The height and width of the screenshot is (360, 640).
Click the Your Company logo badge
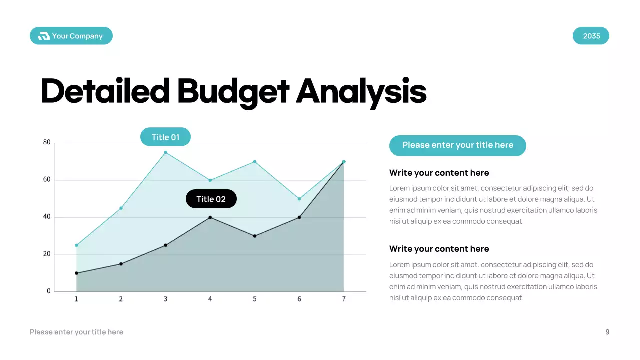(x=71, y=36)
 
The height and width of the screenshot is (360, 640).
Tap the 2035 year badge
(x=591, y=36)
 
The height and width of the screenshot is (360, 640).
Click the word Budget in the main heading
(x=233, y=92)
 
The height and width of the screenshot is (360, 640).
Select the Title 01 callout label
(x=165, y=137)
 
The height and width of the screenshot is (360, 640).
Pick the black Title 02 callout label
(x=211, y=199)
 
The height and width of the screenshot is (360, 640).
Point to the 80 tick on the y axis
(x=47, y=142)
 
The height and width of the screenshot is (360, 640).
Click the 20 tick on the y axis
(x=47, y=254)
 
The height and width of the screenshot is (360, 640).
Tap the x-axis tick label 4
(x=210, y=299)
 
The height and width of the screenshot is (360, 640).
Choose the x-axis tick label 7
(x=344, y=299)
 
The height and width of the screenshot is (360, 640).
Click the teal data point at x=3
(x=165, y=152)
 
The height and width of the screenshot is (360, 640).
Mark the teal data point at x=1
(x=76, y=245)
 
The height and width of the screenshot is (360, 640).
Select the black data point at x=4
(x=210, y=217)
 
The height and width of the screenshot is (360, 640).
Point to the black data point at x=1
(x=76, y=273)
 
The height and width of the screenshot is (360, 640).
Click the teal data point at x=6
(x=299, y=199)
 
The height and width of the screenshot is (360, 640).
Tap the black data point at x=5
(x=255, y=236)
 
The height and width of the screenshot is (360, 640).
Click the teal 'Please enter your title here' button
(x=457, y=145)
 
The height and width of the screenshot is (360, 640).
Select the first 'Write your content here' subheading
(x=439, y=173)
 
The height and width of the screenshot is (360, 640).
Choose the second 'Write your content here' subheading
(x=439, y=249)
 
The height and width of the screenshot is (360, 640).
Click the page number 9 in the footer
(x=607, y=332)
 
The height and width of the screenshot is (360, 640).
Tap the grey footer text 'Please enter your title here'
(x=76, y=332)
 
